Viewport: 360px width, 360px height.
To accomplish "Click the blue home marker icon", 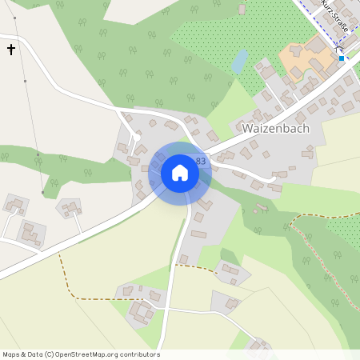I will point(180,173).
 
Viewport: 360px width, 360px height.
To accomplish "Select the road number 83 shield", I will point(200,161).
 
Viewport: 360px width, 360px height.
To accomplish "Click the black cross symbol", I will point(11,50).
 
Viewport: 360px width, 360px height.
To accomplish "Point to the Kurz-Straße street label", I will point(334,16).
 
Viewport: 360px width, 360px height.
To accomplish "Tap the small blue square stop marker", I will point(342,58).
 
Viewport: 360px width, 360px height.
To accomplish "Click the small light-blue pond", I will point(239,61).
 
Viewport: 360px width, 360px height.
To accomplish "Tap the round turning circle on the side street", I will point(137,138).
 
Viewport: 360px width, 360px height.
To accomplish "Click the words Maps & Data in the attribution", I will point(22,354).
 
